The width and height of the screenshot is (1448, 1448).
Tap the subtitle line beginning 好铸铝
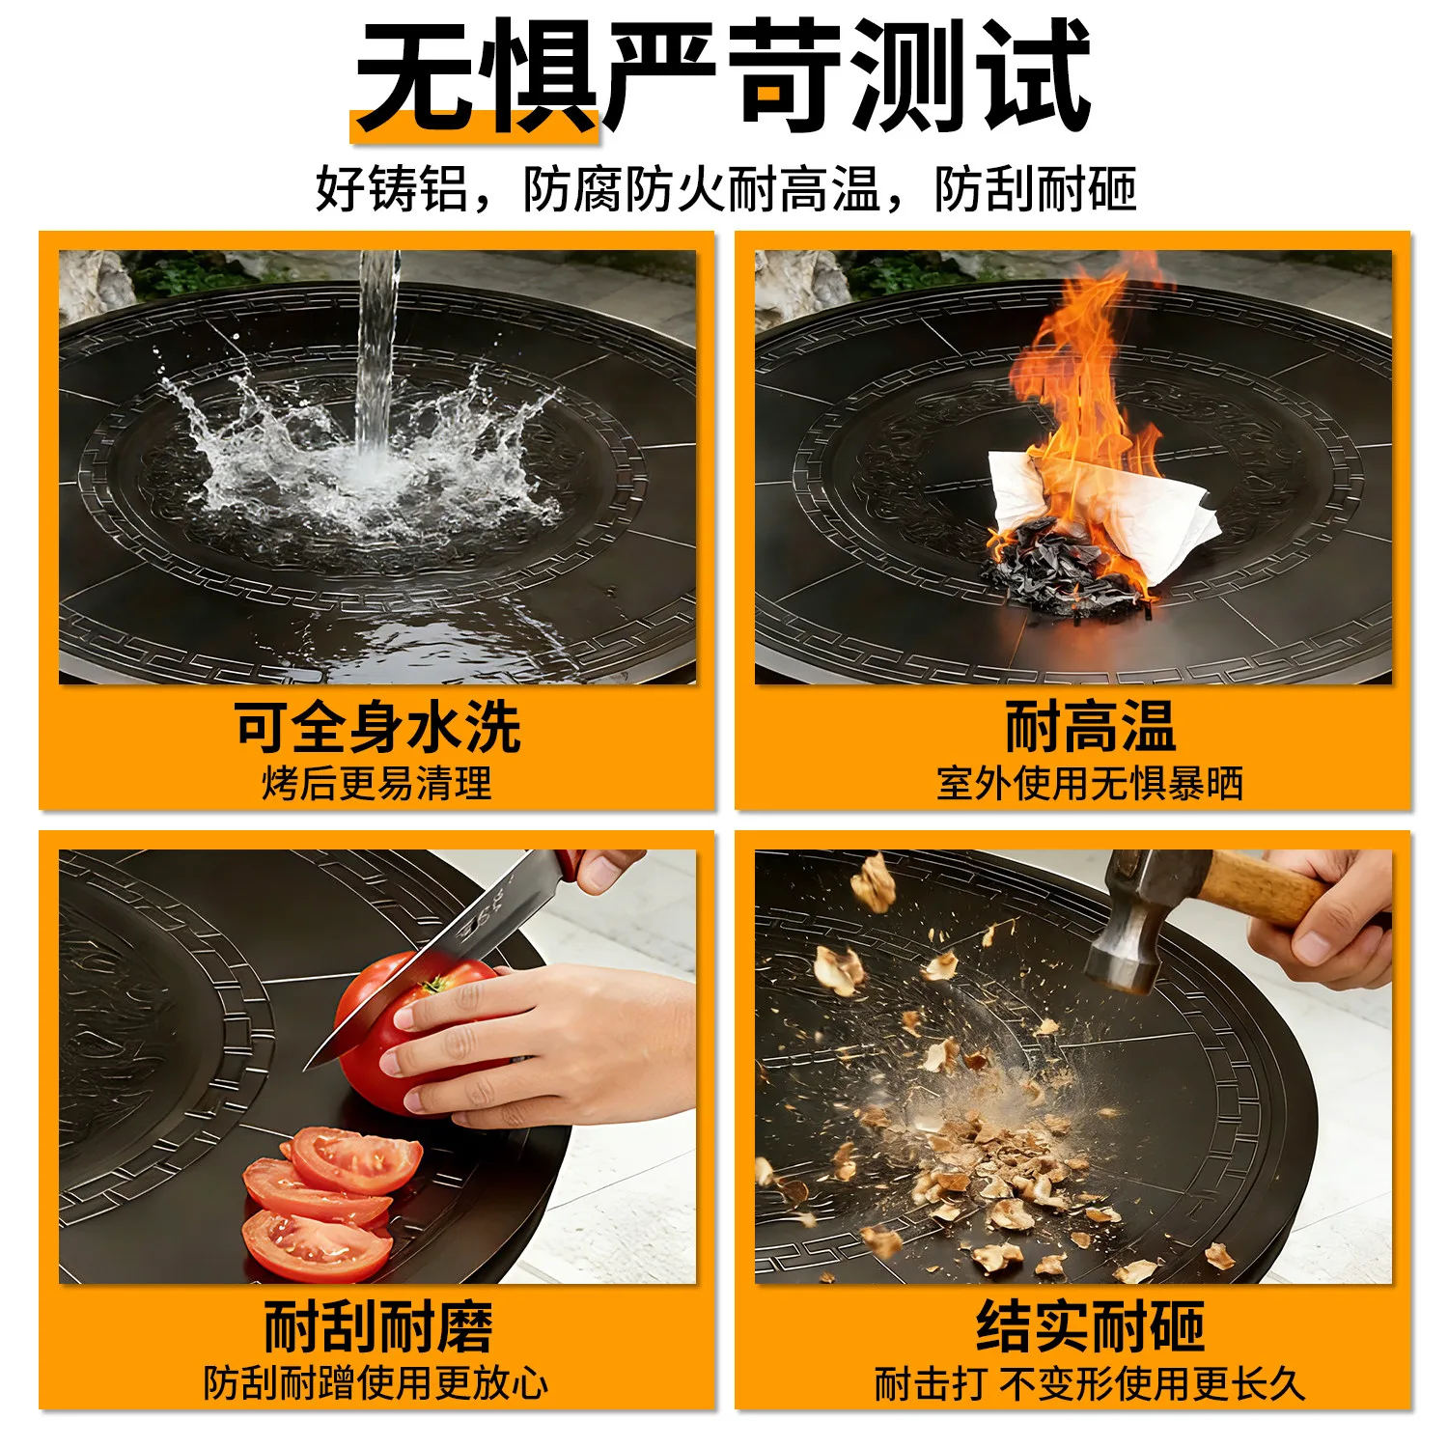pos(725,188)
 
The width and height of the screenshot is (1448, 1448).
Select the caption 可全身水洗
pos(377,726)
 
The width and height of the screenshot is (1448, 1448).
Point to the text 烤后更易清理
pos(376,784)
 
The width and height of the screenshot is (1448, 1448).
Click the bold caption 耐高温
pos(1090,726)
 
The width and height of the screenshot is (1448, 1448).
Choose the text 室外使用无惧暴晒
pos(1090,784)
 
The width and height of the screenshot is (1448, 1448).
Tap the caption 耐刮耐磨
pos(377,1327)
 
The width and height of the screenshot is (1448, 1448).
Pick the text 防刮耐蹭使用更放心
pos(376,1383)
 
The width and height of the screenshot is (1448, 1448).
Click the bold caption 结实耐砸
pos(1090,1327)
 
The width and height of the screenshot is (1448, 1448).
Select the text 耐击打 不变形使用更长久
pos(1090,1383)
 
